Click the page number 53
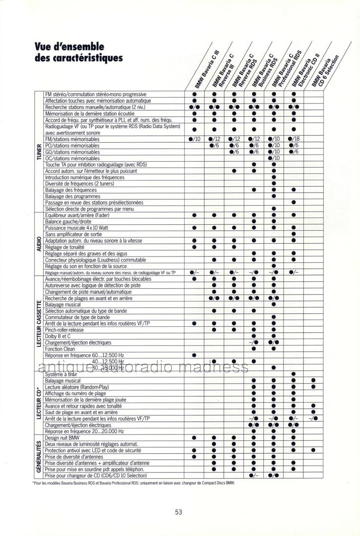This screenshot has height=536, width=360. [x=178, y=513]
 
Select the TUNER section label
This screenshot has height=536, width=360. [x=39, y=151]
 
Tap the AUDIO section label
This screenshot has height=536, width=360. [x=39, y=243]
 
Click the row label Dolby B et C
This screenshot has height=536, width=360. [x=57, y=336]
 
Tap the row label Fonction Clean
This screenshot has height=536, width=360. [x=61, y=348]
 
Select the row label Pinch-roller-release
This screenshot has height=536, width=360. [x=65, y=329]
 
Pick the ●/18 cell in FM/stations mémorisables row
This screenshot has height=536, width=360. [x=294, y=139]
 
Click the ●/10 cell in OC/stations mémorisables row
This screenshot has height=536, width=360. [x=274, y=158]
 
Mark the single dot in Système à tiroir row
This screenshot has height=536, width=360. [x=294, y=374]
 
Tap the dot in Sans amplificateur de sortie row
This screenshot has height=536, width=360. [x=294, y=234]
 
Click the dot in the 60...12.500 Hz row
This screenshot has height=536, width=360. [x=194, y=355]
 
